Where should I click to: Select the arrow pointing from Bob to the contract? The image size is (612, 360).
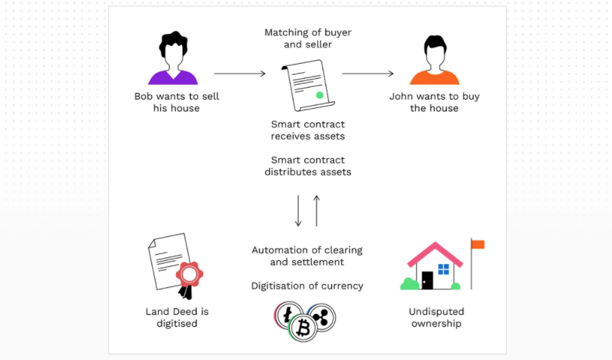[239, 73]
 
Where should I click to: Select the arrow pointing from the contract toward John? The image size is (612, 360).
[367, 73]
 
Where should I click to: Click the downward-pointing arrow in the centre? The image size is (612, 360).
[298, 211]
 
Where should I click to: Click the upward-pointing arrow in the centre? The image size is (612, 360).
[316, 211]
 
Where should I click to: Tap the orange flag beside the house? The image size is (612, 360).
[478, 245]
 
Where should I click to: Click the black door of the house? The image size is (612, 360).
[427, 281]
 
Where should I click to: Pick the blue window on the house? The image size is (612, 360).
[444, 269]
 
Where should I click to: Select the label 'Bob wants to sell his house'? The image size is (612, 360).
[177, 102]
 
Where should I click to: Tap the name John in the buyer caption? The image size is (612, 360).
[402, 96]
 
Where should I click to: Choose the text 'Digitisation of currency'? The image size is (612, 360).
[307, 286]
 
